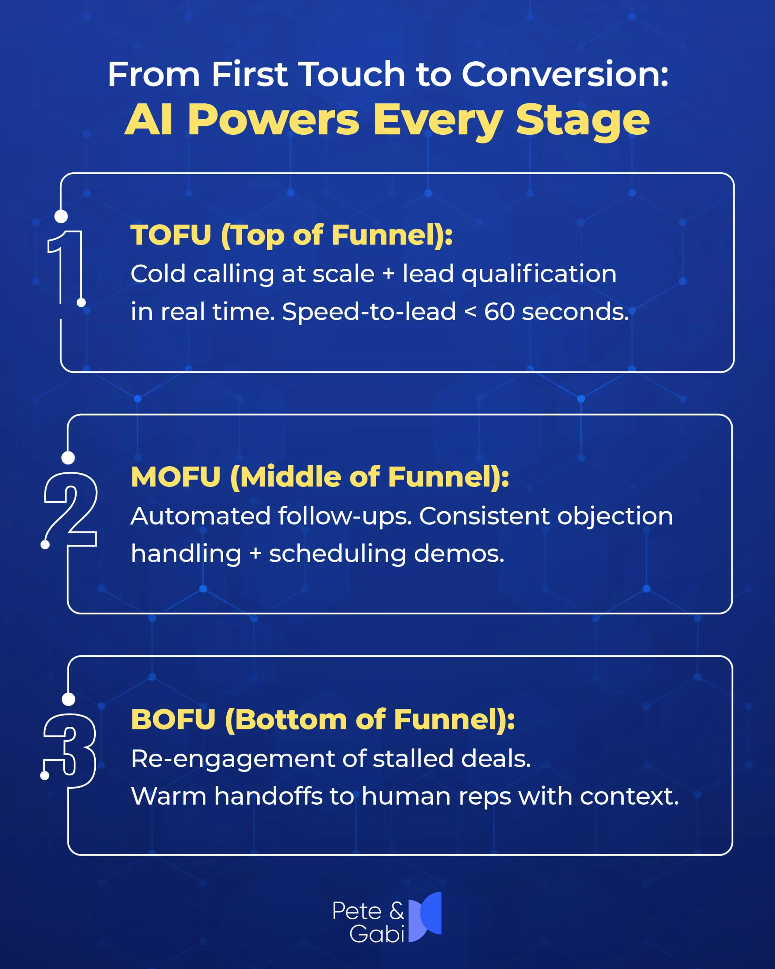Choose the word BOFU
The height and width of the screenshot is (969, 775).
[173, 720]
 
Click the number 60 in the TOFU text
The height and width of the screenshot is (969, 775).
[499, 312]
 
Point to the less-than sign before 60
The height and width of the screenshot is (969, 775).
[470, 312]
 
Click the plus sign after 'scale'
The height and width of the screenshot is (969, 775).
[388, 274]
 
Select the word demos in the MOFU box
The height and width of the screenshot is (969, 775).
[459, 553]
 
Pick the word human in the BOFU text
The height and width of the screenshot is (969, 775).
[406, 796]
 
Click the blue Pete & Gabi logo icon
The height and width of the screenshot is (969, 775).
[425, 917]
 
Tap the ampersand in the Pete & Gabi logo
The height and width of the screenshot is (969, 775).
[396, 911]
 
